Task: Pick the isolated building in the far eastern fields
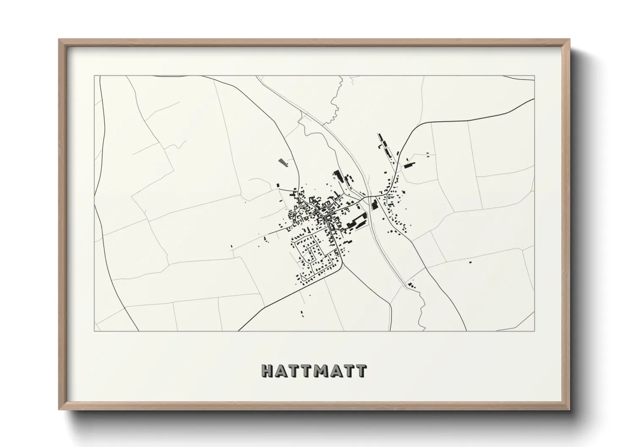tap(470, 262)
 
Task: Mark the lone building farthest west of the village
tap(231, 246)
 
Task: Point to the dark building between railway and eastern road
tap(374, 206)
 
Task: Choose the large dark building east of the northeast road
tap(409, 165)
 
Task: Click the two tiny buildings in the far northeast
tap(429, 154)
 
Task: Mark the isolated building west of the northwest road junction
tap(278, 185)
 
